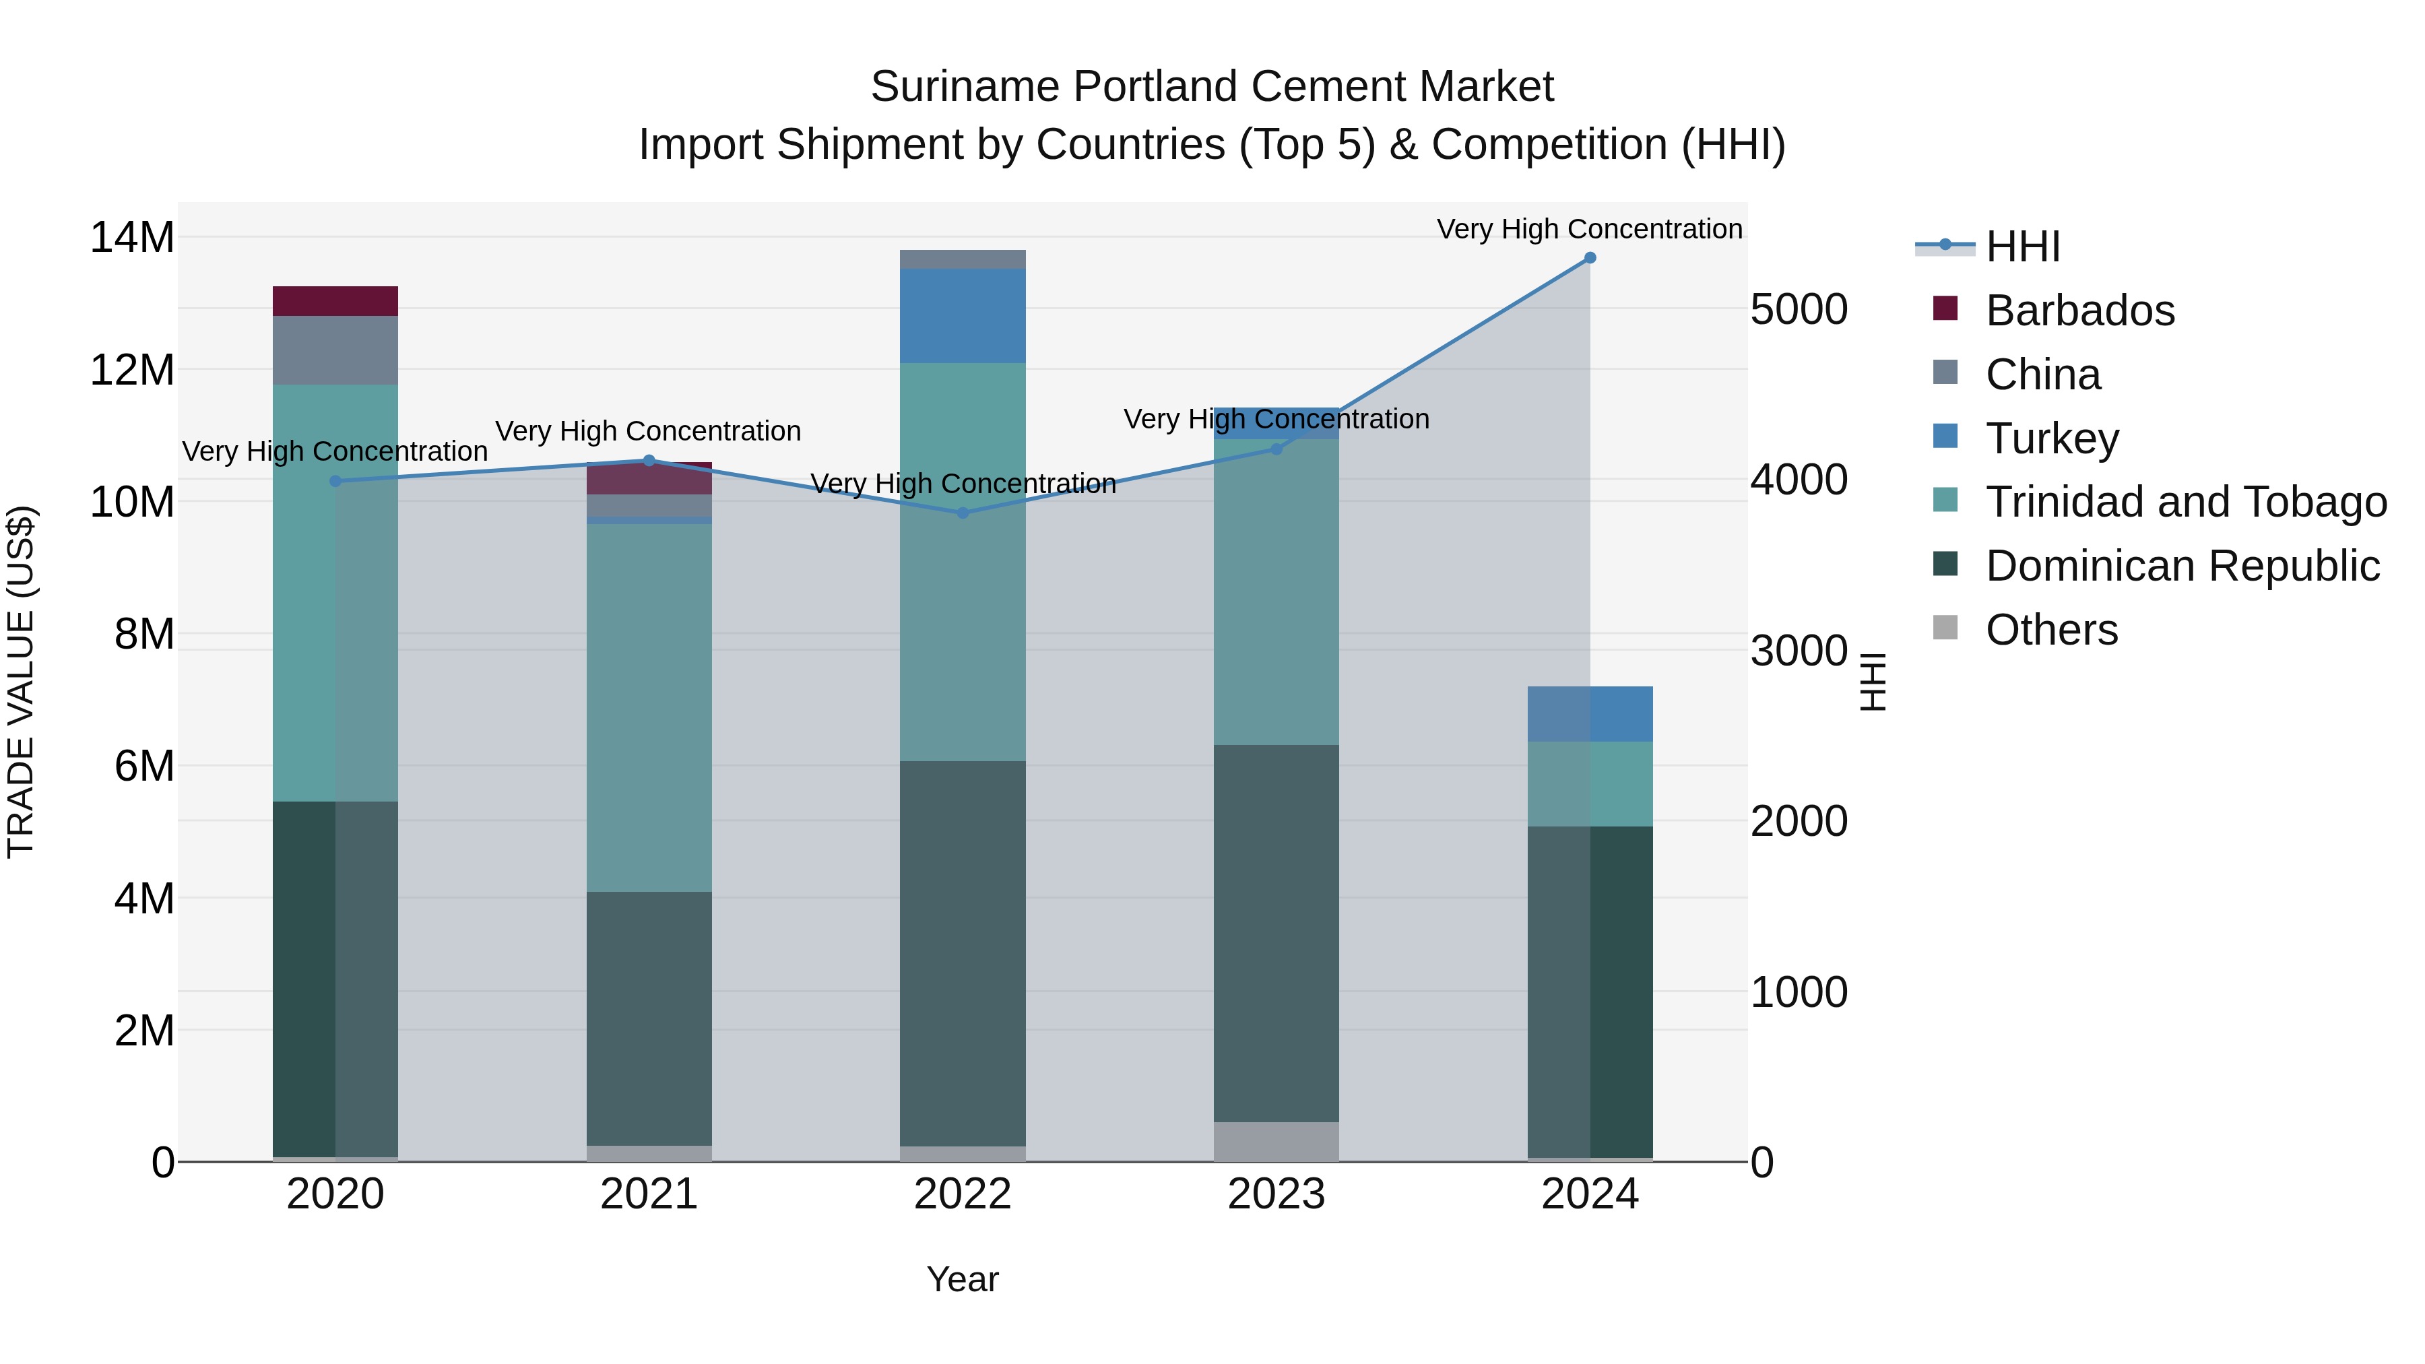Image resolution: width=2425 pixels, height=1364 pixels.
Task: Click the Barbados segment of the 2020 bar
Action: tap(335, 301)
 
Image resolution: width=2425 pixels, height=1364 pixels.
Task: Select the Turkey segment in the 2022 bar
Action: tap(962, 315)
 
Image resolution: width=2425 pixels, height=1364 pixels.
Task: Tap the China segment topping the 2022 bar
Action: tap(962, 259)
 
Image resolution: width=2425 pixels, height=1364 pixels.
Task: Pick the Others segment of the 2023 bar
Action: tap(1276, 1141)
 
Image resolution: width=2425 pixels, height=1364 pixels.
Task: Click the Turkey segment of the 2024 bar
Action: tap(1589, 713)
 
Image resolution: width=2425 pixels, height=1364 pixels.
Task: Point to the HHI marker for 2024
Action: tap(1590, 258)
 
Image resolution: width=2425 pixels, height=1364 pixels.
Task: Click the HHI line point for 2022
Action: tap(962, 513)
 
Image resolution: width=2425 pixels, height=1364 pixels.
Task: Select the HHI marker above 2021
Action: tap(649, 460)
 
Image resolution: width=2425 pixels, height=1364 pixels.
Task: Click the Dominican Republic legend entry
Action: tap(2181, 566)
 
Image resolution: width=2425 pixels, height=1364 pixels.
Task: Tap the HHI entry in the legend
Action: tap(2022, 247)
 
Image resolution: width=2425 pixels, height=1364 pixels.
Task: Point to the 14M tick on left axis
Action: tap(132, 237)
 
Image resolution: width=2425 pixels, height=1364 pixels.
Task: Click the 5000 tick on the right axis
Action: tap(1798, 311)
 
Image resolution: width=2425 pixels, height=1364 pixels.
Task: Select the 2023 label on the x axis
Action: tap(1276, 1194)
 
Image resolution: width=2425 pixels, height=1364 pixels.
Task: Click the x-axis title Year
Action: tap(962, 1279)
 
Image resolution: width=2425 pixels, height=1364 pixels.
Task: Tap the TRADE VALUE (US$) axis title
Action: tap(21, 682)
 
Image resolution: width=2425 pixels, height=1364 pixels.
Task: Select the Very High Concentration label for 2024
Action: tap(1589, 229)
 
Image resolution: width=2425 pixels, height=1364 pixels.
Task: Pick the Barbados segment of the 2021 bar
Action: tap(649, 479)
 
